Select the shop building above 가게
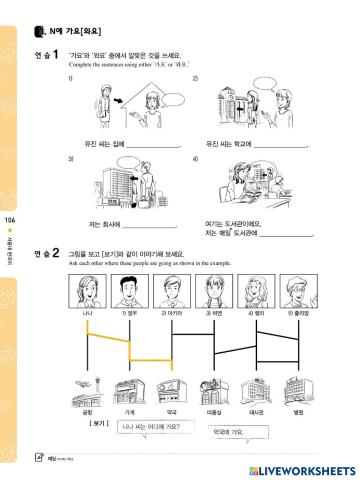click(x=129, y=392)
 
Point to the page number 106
click(x=10, y=219)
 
